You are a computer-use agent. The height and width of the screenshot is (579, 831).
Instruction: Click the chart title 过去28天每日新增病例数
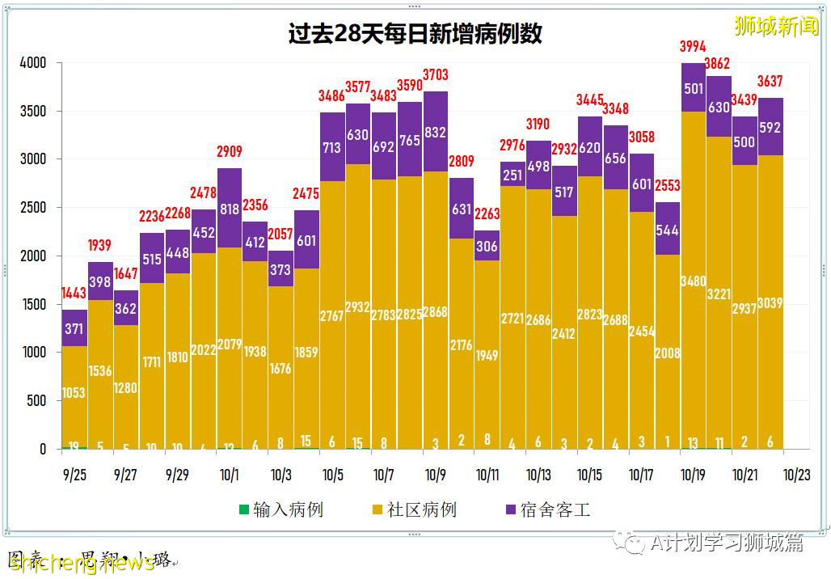[x=415, y=34]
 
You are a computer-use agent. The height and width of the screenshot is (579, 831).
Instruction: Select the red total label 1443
[x=74, y=294]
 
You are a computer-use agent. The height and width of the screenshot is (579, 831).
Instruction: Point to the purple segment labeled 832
[x=436, y=131]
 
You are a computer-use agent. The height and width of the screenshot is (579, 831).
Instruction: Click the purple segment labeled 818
[x=230, y=208]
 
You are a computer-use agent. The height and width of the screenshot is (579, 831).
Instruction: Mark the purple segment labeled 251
[x=513, y=174]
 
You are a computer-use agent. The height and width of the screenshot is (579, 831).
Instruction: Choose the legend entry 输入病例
[x=281, y=509]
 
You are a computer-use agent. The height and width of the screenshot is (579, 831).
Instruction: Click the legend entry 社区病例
[x=413, y=509]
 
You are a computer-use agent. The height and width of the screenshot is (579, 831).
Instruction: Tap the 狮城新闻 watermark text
[x=776, y=27]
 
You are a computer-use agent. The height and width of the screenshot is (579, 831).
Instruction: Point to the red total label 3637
[x=770, y=82]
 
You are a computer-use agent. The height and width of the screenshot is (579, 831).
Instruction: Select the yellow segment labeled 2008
[x=668, y=353]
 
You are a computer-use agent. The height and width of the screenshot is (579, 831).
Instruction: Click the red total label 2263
[x=487, y=214]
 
